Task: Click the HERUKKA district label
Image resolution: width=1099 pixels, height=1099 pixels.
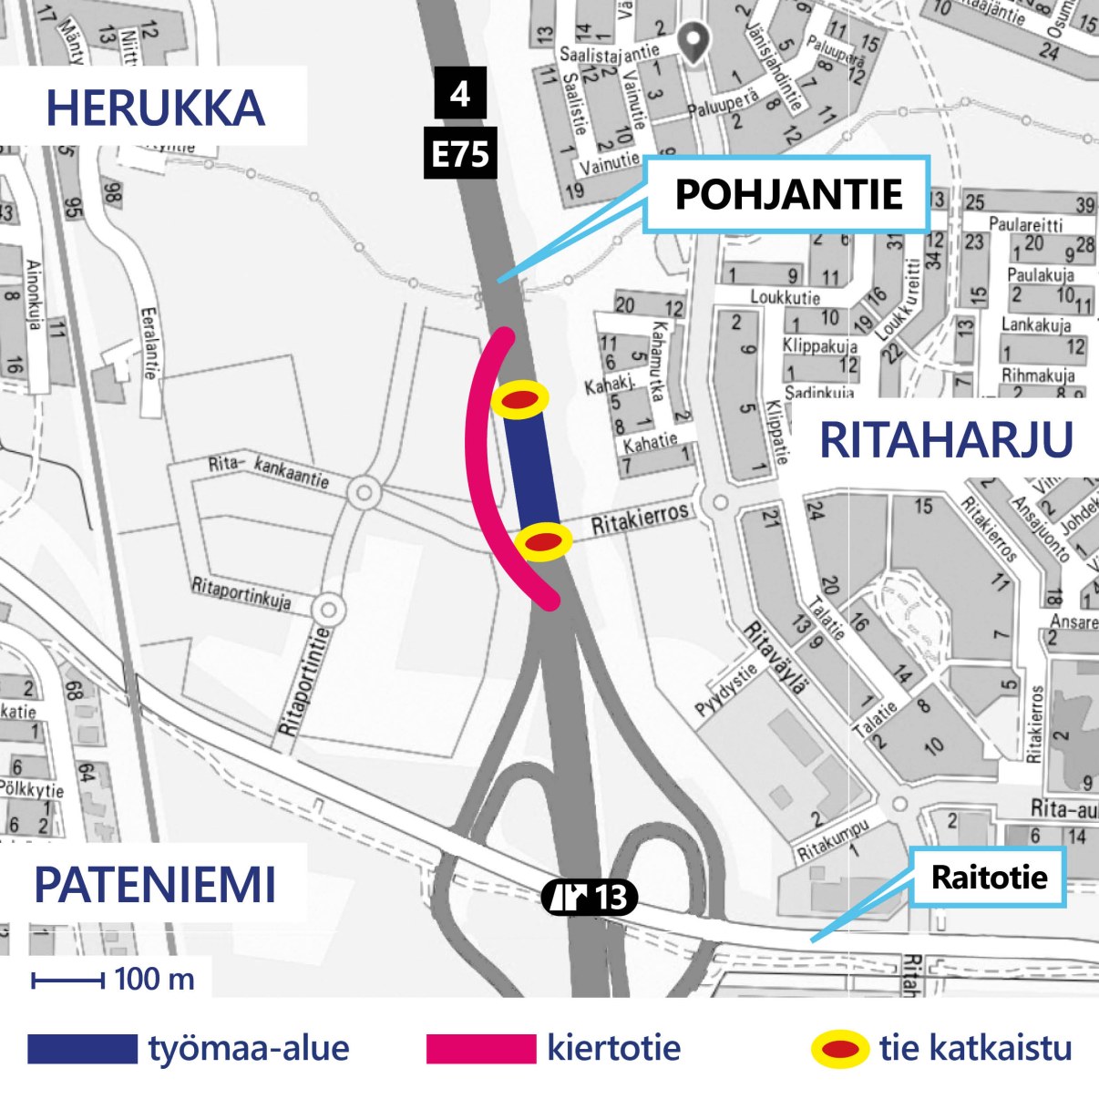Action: [x=155, y=108]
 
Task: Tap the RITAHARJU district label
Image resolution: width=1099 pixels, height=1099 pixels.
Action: [x=946, y=440]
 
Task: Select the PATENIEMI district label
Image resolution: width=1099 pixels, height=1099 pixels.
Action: [x=155, y=885]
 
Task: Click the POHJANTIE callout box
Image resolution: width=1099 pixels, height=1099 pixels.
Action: [x=787, y=194]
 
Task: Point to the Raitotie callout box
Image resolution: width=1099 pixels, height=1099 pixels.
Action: [x=989, y=878]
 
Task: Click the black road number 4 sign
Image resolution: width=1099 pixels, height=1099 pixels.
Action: [x=460, y=93]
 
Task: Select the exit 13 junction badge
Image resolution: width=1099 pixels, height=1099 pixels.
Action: [x=590, y=898]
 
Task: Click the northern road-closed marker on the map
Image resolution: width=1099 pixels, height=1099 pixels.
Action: [x=519, y=399]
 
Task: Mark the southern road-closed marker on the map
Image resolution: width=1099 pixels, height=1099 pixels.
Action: [x=543, y=542]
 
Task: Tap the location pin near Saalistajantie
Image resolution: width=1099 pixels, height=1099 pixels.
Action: [x=695, y=42]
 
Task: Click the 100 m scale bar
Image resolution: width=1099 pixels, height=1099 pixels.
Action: [x=68, y=981]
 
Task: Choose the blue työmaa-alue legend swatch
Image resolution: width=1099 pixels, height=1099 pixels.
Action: [x=82, y=1048]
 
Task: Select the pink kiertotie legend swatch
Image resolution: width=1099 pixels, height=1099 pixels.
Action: [x=480, y=1048]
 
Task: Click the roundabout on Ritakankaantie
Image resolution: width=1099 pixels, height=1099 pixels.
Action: [x=365, y=494]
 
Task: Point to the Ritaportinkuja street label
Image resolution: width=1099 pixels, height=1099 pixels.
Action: [x=241, y=593]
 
